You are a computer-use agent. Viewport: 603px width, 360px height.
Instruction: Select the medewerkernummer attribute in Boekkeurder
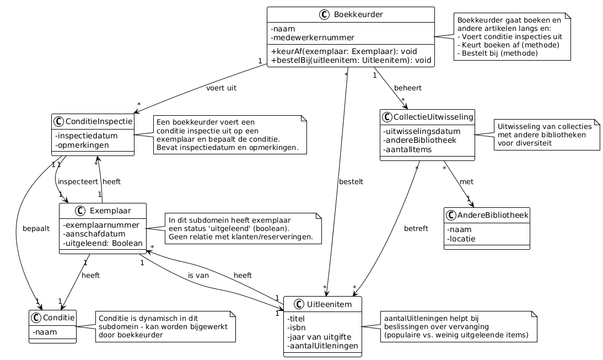313,37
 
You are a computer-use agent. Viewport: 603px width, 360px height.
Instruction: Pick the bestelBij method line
351,60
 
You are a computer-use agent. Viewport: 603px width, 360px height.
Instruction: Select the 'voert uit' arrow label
221,88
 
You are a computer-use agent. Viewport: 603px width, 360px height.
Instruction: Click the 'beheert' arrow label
408,88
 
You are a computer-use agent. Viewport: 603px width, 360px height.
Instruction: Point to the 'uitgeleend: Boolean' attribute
103,243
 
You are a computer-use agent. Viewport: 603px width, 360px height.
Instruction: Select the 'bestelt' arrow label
351,181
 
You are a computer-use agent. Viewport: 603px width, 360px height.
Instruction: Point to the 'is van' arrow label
198,275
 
